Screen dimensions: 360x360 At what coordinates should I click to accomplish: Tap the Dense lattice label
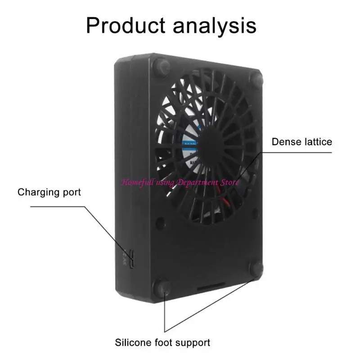coord(301,142)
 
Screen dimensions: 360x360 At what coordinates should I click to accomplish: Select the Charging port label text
coord(49,193)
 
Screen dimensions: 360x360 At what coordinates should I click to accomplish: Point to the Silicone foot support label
coord(162,342)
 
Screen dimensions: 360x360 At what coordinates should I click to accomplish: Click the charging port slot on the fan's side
coord(131,258)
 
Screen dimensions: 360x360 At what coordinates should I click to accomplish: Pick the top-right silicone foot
coord(256,81)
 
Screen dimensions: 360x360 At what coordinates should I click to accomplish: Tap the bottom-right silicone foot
coord(256,269)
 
